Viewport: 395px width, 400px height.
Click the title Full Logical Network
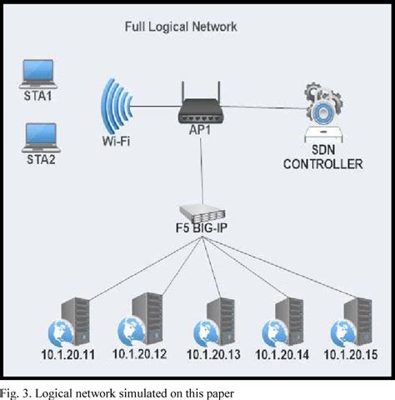[181, 27]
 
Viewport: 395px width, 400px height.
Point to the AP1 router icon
[201, 101]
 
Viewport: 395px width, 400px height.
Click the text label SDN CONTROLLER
[323, 157]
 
